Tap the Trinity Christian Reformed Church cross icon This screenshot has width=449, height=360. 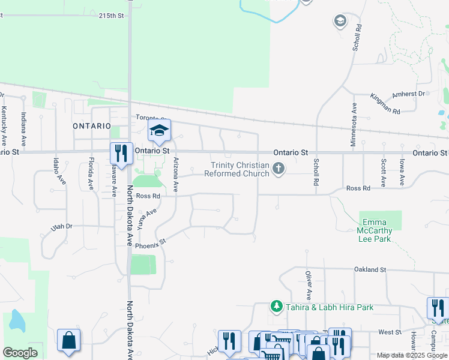(x=278, y=169)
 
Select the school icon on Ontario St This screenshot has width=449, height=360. (x=159, y=131)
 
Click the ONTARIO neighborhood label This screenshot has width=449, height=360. (x=92, y=126)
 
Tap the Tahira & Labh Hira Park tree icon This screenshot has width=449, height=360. (x=276, y=307)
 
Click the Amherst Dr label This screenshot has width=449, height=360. (x=408, y=94)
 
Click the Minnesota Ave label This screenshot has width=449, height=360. (x=354, y=124)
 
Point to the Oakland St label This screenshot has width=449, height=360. (x=370, y=270)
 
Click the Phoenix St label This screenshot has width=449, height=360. (x=149, y=245)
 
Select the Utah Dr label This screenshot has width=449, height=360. (x=61, y=226)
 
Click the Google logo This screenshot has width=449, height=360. (x=20, y=353)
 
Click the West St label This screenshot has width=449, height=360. (x=390, y=332)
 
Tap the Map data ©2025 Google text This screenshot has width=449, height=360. (x=412, y=355)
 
